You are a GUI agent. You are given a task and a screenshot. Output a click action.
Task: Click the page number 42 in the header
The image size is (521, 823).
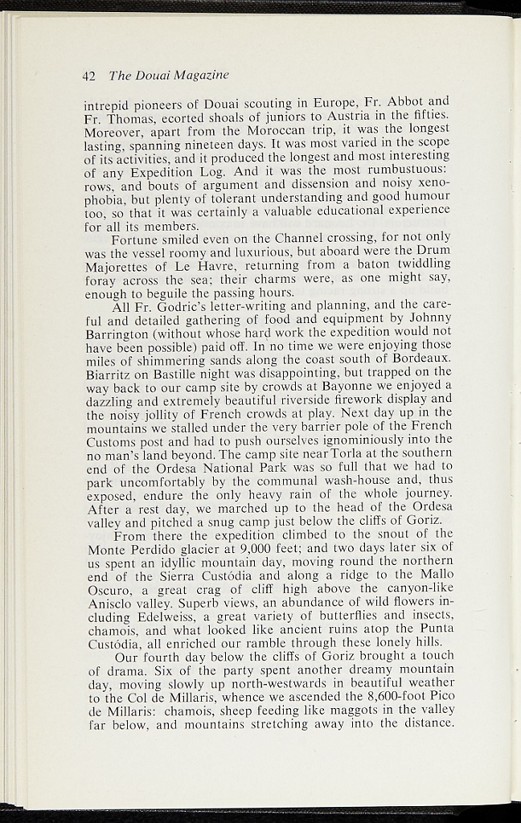pyautogui.click(x=88, y=76)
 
